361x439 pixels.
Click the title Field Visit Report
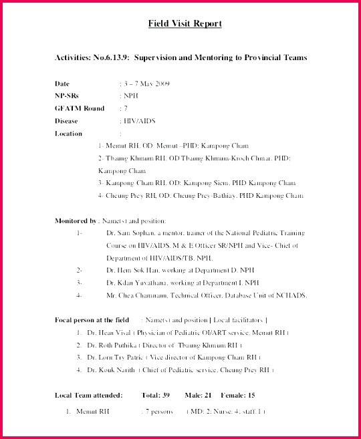click(x=185, y=24)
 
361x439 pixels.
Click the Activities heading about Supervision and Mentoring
click(x=180, y=58)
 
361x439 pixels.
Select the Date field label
click(x=62, y=84)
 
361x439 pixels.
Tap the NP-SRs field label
click(x=67, y=96)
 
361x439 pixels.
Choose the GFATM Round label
click(x=80, y=108)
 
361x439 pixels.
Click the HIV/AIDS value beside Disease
click(x=139, y=121)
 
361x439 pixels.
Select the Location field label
click(x=68, y=134)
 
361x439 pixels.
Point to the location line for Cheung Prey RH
click(x=201, y=196)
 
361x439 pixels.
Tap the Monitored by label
click(x=76, y=221)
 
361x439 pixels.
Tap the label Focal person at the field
click(x=92, y=320)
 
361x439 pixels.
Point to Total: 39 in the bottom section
click(x=156, y=396)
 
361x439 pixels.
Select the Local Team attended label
click(x=88, y=396)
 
